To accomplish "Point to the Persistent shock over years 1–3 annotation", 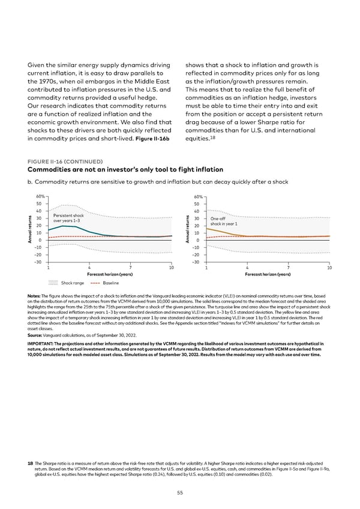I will [68, 218].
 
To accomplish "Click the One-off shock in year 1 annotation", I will [224, 221].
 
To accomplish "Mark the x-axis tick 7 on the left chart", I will [130, 268].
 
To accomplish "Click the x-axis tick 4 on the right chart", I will [247, 268].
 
